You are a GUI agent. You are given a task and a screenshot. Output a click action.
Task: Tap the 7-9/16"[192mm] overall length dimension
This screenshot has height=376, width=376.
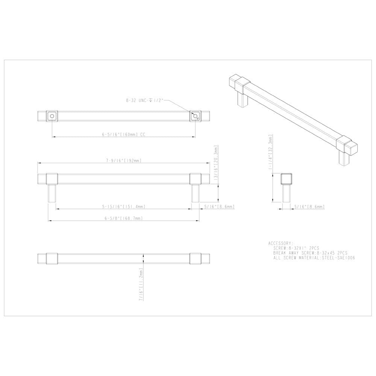pos(124,161)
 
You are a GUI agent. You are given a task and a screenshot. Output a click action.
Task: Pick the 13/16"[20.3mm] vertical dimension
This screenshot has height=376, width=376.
pos(216,165)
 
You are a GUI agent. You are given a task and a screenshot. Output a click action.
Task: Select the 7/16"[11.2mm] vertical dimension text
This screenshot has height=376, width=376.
pos(141,284)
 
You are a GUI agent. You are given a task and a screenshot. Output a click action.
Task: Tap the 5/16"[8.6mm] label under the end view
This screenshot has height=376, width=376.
pos(309,207)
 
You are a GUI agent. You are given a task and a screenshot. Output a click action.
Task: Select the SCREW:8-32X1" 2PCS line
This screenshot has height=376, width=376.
pos(297,248)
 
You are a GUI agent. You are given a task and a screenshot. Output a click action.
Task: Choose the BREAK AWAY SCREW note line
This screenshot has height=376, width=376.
pos(310,253)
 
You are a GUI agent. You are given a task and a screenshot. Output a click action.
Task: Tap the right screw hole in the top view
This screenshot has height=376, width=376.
pos(195,116)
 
